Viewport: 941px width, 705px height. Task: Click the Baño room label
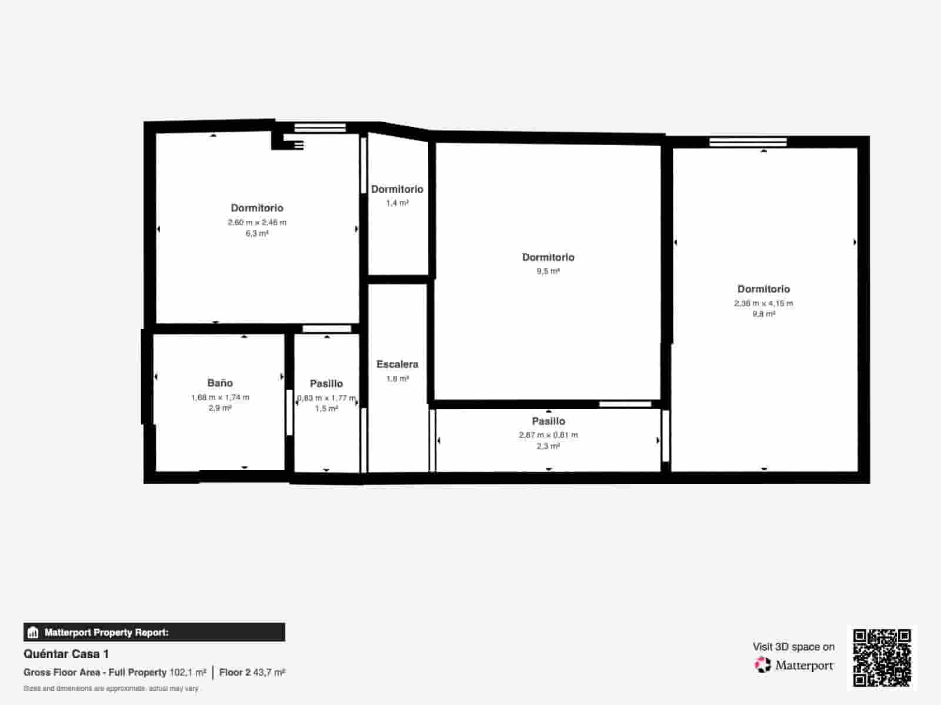click(220, 383)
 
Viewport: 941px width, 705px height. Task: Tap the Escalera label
click(397, 364)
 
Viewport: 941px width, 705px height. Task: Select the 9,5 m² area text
click(548, 271)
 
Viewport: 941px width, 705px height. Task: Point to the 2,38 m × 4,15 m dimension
click(763, 303)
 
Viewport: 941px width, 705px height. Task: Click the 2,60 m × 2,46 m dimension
click(257, 222)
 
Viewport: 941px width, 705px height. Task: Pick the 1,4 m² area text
click(397, 203)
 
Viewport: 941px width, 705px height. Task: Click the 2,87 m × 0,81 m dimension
click(548, 435)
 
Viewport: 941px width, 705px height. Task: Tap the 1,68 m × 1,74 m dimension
click(220, 397)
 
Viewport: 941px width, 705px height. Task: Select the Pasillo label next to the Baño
click(326, 384)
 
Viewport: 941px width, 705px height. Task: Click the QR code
click(882, 658)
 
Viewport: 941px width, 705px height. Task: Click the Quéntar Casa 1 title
click(66, 654)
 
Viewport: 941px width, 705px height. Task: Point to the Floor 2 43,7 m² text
click(252, 672)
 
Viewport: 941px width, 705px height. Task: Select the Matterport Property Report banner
click(154, 633)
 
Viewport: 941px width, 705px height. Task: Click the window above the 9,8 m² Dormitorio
click(748, 142)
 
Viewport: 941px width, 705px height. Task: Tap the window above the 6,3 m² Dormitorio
click(320, 127)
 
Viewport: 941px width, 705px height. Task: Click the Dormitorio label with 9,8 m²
click(763, 289)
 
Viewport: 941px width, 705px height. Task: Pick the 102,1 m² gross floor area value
click(188, 672)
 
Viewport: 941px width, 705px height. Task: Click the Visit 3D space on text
click(793, 647)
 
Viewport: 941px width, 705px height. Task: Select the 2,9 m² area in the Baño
click(220, 408)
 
